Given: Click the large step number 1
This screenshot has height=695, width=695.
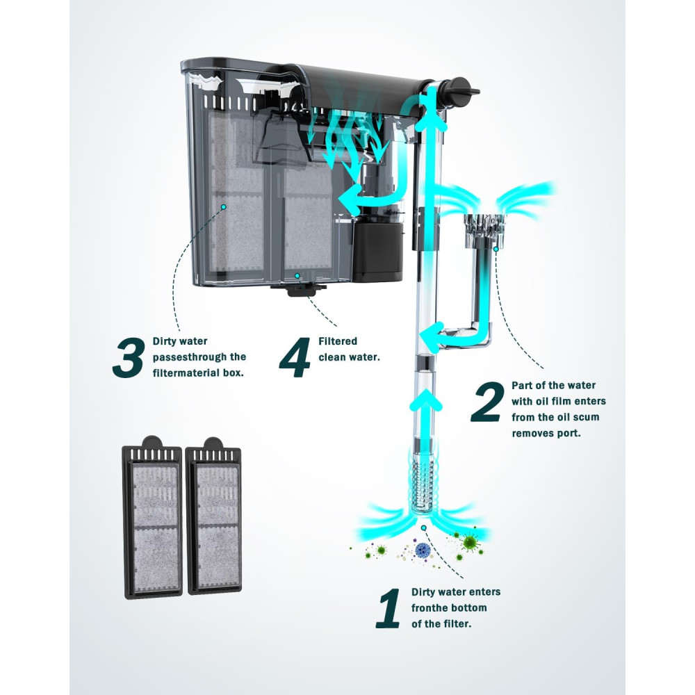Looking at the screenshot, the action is pos(389,608).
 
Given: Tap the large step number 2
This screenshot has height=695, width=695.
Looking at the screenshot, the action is pos(488,402).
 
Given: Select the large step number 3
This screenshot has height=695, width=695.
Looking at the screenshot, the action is pos(129,357).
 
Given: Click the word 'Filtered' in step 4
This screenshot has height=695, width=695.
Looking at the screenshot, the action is pos(338,341).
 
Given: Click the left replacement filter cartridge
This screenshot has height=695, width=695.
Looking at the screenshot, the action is pos(152,517).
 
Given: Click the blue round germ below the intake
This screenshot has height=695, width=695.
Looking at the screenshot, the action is pos(423,550).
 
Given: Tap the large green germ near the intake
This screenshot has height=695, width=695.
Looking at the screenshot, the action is pos(470,543).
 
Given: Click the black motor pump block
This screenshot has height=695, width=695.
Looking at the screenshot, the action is pos(377,251).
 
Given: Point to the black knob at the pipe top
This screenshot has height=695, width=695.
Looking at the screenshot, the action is pos(462,90).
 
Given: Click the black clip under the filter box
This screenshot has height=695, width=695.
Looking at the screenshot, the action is pos(298,290).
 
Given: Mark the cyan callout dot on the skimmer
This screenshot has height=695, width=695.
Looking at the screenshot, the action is pos(496,249).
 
